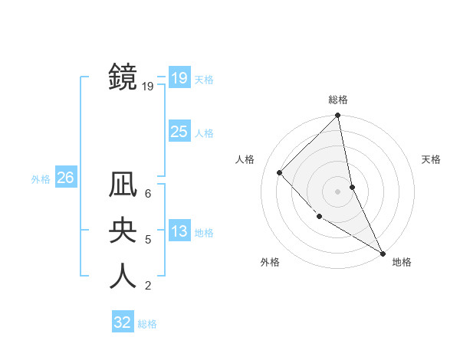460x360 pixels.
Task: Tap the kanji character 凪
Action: point(123,186)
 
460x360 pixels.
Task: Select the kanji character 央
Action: point(123,231)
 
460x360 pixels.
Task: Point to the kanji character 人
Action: point(123,277)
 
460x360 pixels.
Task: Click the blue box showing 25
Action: point(179,132)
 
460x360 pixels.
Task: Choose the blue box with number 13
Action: point(179,231)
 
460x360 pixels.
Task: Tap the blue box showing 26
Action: point(65,178)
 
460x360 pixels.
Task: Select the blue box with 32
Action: point(123,322)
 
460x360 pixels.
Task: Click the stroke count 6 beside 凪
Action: point(148,194)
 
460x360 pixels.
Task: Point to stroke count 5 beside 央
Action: point(148,240)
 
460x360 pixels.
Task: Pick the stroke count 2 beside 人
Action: point(148,286)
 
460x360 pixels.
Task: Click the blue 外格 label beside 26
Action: point(41,179)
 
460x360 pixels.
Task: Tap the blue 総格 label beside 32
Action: point(147,324)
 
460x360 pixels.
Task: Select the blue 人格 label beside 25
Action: point(204,133)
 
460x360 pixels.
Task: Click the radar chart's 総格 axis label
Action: point(338,100)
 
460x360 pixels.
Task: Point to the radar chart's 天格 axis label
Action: point(432,159)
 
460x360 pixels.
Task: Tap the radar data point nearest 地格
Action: point(383,253)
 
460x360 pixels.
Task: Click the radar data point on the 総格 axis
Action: point(338,116)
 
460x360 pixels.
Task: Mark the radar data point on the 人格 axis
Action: point(280,172)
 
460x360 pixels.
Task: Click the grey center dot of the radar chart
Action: point(338,191)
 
